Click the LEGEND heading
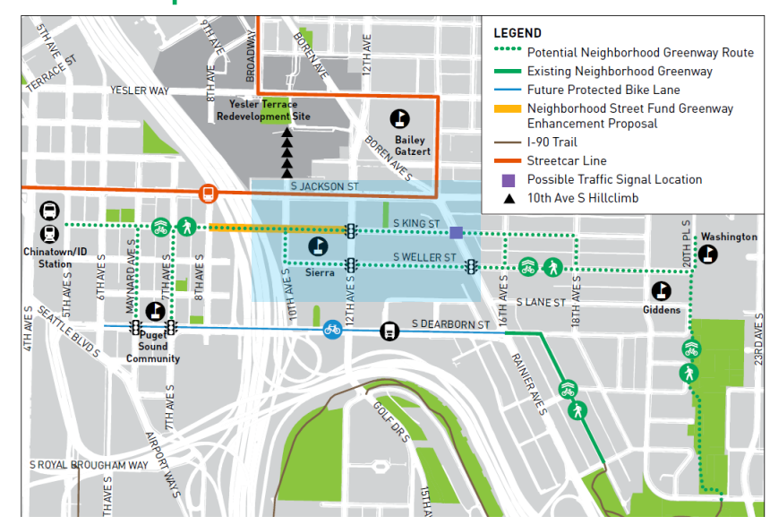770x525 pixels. (518, 33)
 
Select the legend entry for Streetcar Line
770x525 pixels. (565, 161)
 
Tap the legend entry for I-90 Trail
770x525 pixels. (552, 142)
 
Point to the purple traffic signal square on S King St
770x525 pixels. (456, 233)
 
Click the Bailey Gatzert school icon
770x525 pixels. (400, 118)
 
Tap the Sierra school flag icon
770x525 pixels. (318, 246)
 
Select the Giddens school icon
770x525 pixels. (662, 290)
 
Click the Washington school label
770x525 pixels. (729, 237)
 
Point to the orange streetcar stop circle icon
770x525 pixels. (208, 193)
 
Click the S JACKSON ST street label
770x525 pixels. (325, 186)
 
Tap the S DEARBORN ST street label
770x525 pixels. (451, 324)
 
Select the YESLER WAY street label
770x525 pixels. (140, 90)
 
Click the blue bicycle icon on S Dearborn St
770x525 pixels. (332, 330)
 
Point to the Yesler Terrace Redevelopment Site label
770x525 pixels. (264, 110)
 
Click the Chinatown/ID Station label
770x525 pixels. (47, 258)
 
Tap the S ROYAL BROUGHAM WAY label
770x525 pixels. (90, 465)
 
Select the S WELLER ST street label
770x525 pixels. (425, 258)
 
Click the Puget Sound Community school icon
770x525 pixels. (155, 311)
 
